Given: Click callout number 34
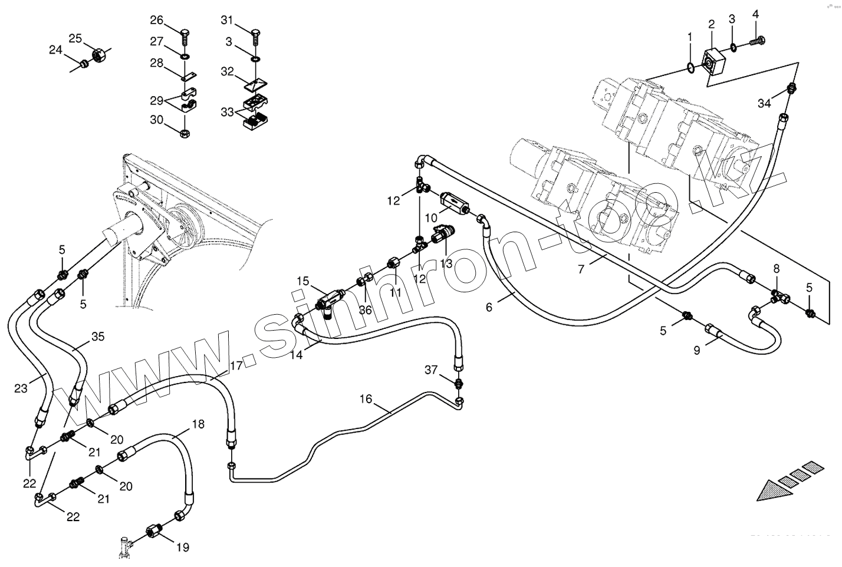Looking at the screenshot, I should tap(764, 104).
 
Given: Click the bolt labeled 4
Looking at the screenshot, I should tap(757, 41).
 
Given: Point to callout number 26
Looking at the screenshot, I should tap(156, 20).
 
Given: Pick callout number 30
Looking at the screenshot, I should tap(156, 120).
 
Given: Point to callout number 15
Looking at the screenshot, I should tap(302, 281).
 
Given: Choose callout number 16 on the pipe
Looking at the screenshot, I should tap(366, 399).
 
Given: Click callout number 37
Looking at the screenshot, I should tap(431, 370).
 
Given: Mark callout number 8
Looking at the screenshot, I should tap(777, 268).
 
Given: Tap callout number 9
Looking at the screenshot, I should tap(696, 350).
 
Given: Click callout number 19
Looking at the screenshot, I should tap(183, 548).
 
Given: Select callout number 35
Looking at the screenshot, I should tap(98, 337).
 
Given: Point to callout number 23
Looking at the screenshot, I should tap(21, 388).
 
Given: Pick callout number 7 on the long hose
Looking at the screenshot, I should tap(581, 269).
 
